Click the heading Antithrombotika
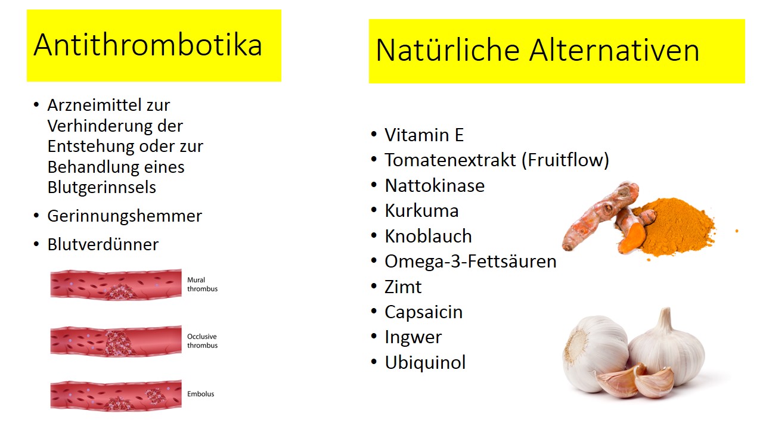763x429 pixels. (x=148, y=45)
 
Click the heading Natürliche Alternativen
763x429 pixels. (x=538, y=50)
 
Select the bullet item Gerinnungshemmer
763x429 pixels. (x=125, y=216)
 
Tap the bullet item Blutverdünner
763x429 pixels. (x=103, y=244)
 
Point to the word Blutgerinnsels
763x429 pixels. (x=101, y=187)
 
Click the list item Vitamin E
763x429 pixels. (x=424, y=135)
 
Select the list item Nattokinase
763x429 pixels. (x=435, y=185)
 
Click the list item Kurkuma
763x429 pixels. (x=421, y=211)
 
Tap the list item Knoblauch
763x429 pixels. (x=428, y=236)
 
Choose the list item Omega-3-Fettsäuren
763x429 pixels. (x=470, y=262)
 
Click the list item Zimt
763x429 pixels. (x=403, y=287)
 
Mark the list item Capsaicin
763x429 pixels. (x=424, y=312)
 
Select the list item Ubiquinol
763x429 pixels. (x=425, y=362)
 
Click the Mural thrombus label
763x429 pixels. (x=202, y=284)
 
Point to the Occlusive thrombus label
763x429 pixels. (x=202, y=341)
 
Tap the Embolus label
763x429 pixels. (x=201, y=394)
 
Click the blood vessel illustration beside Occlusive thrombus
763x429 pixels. (x=116, y=341)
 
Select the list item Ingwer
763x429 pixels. (x=413, y=337)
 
